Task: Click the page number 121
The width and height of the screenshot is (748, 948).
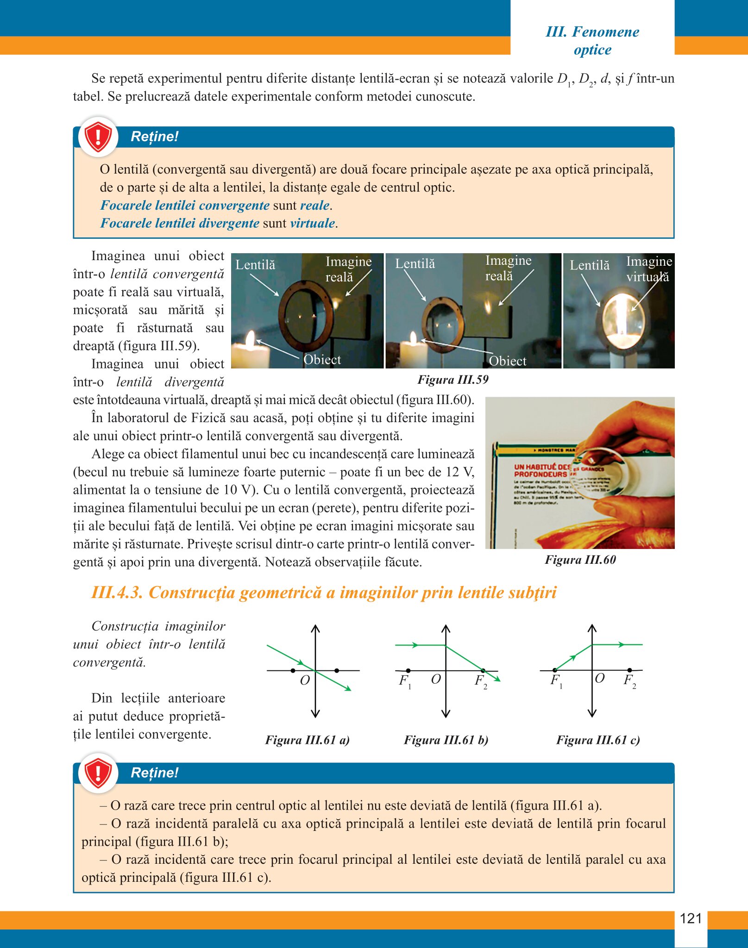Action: (x=691, y=918)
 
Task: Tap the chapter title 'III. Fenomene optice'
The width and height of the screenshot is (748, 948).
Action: (x=592, y=41)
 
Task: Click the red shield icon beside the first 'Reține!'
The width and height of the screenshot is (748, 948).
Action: (x=98, y=137)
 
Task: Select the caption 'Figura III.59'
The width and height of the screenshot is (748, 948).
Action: (x=453, y=380)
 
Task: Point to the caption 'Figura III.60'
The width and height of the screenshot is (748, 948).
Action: (x=580, y=560)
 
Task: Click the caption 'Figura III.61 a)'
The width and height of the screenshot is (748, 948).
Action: (x=307, y=740)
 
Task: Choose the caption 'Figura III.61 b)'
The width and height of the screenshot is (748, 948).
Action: (x=446, y=740)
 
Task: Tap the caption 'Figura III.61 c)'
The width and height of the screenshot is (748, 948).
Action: (x=598, y=740)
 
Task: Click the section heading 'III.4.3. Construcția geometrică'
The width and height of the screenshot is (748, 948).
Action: (x=324, y=592)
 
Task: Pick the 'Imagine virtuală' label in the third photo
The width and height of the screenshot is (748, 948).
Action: (x=648, y=269)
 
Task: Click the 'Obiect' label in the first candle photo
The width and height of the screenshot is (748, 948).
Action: (x=322, y=360)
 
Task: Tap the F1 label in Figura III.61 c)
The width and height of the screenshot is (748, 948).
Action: (x=556, y=681)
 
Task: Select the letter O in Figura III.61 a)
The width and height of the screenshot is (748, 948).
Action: (x=305, y=680)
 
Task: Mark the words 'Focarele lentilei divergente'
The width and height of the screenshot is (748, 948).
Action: (x=180, y=223)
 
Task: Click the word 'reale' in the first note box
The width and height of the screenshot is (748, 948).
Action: (x=315, y=205)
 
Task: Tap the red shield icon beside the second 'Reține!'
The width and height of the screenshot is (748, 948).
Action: (x=98, y=773)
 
